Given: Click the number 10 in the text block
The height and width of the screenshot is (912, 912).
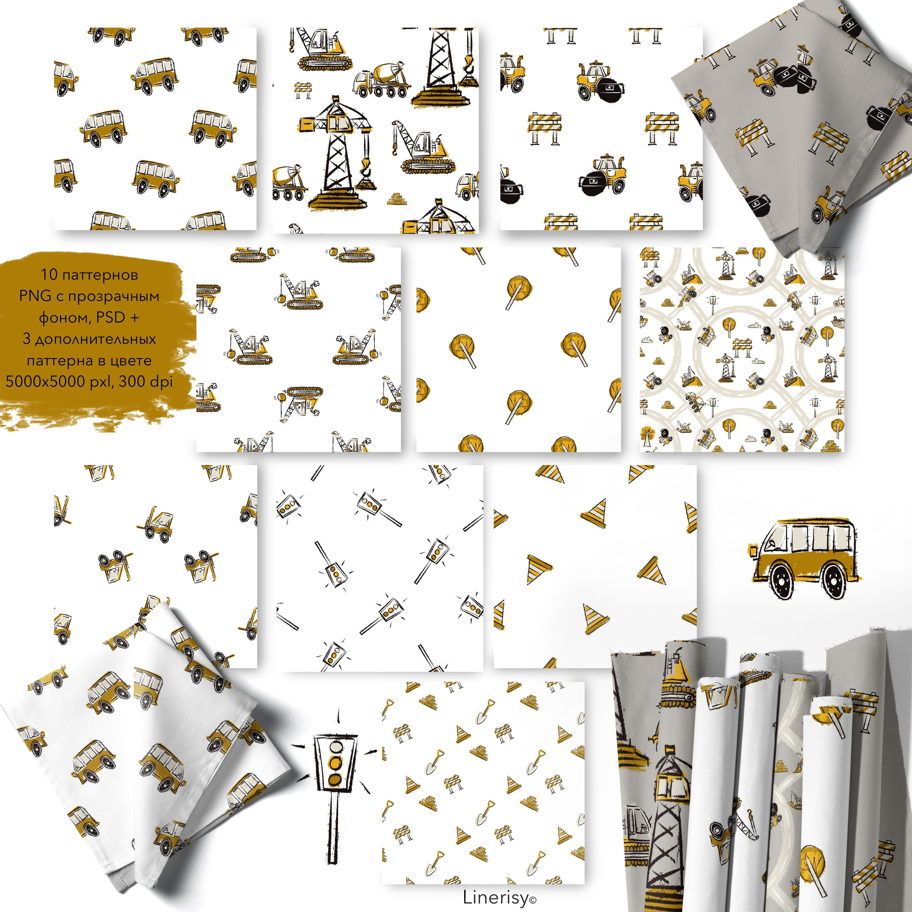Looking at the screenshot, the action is click(48, 274).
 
